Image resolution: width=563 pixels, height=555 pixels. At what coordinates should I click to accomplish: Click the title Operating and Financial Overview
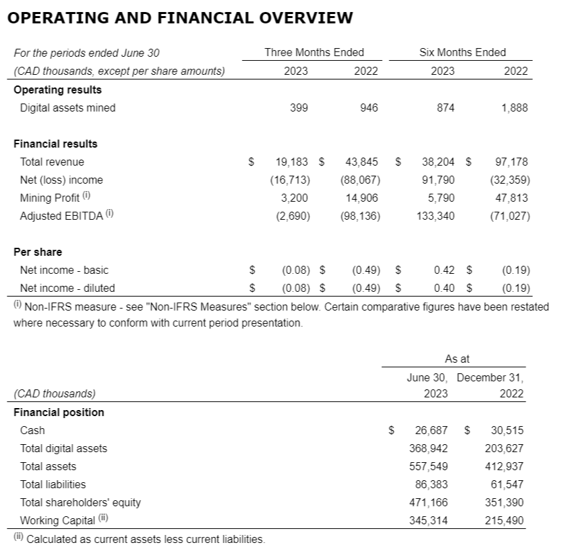(179, 18)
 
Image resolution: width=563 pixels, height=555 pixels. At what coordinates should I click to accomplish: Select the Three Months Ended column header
(314, 52)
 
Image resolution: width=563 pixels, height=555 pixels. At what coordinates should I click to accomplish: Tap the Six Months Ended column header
(462, 52)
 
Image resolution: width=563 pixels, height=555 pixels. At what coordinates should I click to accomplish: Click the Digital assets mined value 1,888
(514, 108)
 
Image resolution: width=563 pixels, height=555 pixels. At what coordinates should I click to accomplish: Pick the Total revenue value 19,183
(293, 162)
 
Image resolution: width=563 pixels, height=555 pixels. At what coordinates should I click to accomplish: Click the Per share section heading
(37, 252)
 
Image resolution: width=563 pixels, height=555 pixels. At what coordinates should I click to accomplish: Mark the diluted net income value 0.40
(444, 289)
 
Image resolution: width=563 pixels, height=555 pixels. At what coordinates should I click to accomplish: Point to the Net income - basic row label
(64, 270)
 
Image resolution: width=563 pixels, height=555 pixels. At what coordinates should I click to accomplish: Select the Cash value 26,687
(431, 431)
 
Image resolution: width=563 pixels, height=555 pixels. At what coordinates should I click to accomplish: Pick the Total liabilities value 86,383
(431, 485)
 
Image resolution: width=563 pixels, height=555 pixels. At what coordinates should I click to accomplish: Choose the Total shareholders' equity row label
(80, 502)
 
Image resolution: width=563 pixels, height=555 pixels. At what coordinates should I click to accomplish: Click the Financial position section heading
(59, 412)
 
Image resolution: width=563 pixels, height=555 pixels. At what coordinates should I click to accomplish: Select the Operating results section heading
(57, 89)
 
